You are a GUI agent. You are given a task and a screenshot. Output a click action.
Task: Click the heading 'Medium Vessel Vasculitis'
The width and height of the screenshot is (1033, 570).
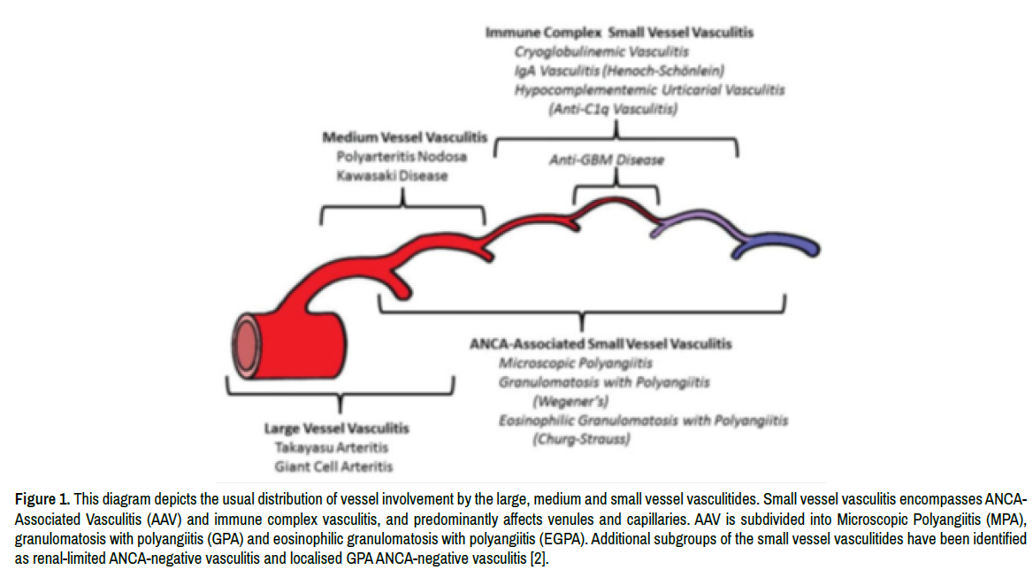click(x=404, y=138)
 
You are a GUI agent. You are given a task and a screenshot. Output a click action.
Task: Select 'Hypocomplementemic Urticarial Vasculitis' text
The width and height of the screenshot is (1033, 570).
click(x=649, y=90)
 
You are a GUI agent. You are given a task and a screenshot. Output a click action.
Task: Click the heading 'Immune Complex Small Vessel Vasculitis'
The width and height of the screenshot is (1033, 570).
click(x=619, y=33)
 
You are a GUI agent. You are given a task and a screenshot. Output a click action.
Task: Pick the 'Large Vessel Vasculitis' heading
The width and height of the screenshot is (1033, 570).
click(x=337, y=428)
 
